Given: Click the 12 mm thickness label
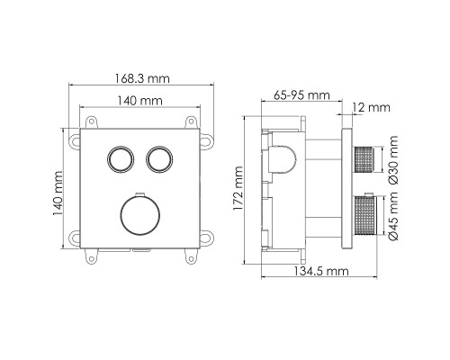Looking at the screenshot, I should tap(373, 108).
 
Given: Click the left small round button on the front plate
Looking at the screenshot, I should tap(119, 159).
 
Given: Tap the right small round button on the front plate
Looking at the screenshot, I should tap(159, 159).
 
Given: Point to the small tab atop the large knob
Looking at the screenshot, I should tap(139, 194).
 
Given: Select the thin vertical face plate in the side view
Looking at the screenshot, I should tap(346, 191).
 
